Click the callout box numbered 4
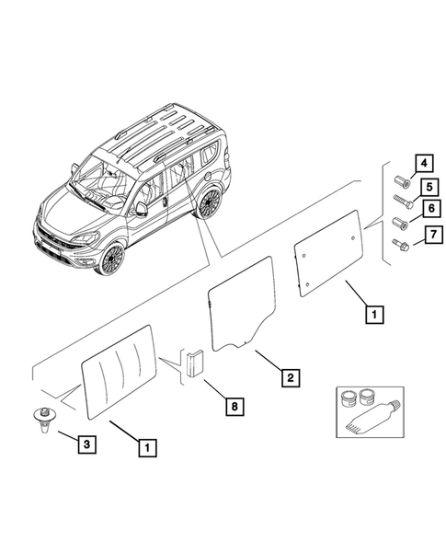pyautogui.click(x=424, y=163)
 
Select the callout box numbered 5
pyautogui.click(x=429, y=187)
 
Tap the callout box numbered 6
pyautogui.click(x=431, y=209)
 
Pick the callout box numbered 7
pyautogui.click(x=433, y=235)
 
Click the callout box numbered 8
pyautogui.click(x=234, y=406)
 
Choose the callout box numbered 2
pyautogui.click(x=291, y=377)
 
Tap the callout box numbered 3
pyautogui.click(x=86, y=444)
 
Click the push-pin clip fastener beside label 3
pyautogui.click(x=42, y=419)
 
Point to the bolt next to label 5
pyautogui.click(x=403, y=202)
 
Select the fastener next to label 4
pyautogui.click(x=403, y=181)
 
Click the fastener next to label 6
pyautogui.click(x=401, y=223)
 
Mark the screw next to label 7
pyautogui.click(x=401, y=244)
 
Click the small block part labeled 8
pyautogui.click(x=195, y=363)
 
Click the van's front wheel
pyautogui.click(x=111, y=259)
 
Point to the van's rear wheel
pyautogui.click(x=210, y=202)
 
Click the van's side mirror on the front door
pyautogui.click(x=142, y=209)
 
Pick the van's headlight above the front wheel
pyautogui.click(x=84, y=238)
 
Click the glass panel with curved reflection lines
pyautogui.click(x=120, y=372)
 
